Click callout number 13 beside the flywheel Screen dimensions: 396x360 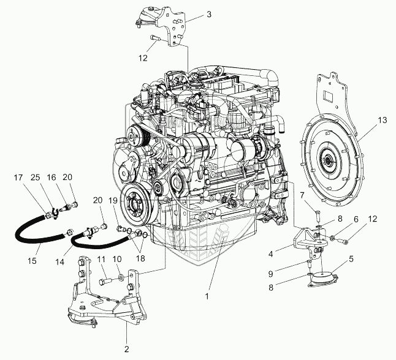[383, 121]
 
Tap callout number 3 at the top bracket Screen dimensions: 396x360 [209, 14]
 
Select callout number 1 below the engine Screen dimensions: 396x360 [207, 296]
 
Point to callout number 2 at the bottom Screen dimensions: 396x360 [127, 349]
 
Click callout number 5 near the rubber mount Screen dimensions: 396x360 [351, 259]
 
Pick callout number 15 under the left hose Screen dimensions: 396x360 [32, 261]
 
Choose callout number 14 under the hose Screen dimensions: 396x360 [60, 262]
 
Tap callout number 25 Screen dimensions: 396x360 [36, 178]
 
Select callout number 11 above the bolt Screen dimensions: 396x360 [102, 259]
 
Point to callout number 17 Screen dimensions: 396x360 [18, 178]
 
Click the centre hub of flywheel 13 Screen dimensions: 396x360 [328, 160]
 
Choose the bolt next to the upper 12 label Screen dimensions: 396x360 [154, 38]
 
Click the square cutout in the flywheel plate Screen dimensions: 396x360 [329, 96]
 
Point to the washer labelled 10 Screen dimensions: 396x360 [121, 278]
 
